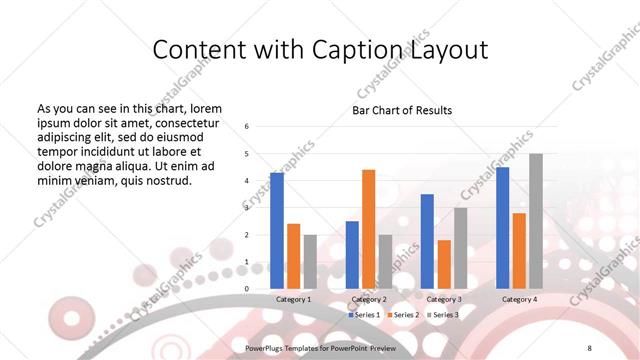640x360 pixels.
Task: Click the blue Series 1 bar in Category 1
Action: point(277,231)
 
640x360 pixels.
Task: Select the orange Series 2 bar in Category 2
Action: point(368,229)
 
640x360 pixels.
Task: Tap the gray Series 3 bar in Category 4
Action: point(536,221)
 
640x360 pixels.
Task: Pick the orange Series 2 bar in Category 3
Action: point(444,264)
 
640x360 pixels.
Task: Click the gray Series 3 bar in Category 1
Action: point(310,262)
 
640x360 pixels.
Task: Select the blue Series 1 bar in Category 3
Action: point(427,241)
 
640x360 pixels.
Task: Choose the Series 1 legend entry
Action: point(364,314)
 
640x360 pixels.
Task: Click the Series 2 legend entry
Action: point(403,314)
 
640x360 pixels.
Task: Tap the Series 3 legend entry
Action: point(443,314)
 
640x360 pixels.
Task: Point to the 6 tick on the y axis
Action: point(247,126)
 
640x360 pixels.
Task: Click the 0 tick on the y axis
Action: point(247,289)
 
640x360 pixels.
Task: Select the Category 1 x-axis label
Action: point(294,299)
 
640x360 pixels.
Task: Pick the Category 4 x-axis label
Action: point(519,299)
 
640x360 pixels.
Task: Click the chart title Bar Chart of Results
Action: point(402,110)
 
